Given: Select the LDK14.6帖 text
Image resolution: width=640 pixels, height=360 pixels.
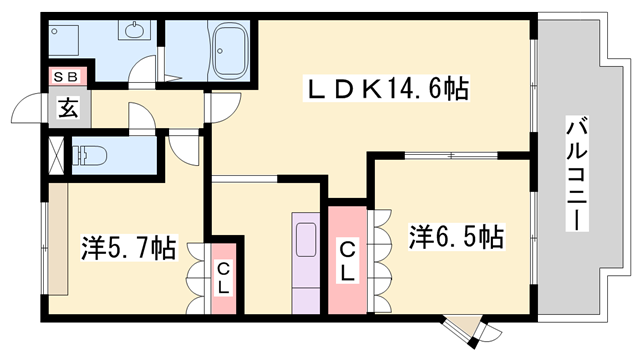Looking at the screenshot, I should [386, 90].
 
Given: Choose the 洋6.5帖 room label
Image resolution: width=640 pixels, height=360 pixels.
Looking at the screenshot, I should [456, 238].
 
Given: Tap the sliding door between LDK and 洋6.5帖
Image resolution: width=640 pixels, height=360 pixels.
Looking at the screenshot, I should [450, 155].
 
